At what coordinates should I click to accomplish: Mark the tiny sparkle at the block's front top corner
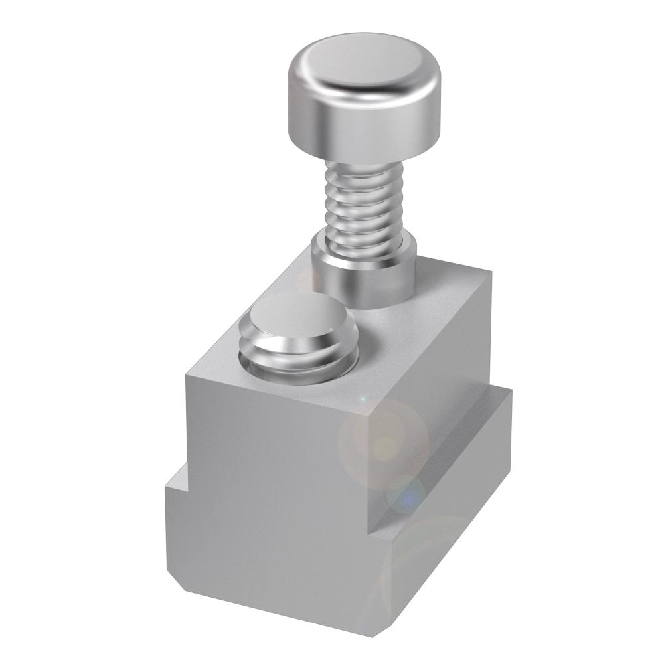tap(363, 400)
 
